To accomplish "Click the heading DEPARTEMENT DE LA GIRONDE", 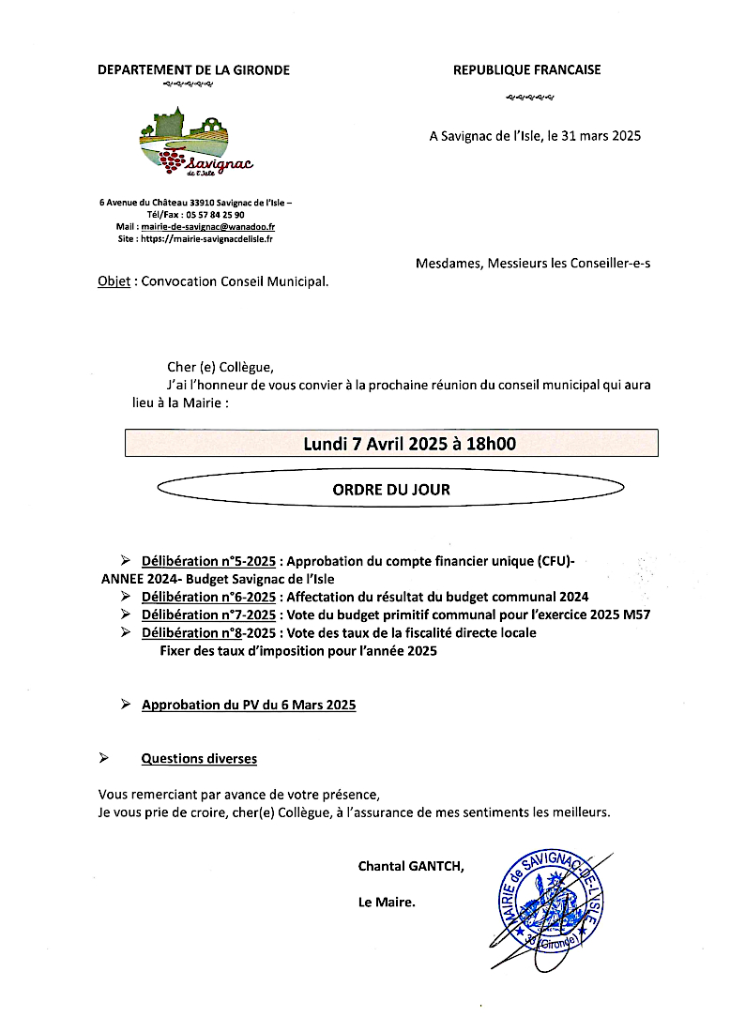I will [x=194, y=69].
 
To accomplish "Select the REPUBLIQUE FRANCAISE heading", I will [x=526, y=69].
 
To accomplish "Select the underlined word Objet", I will [x=114, y=281].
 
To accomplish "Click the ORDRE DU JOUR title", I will [x=391, y=490].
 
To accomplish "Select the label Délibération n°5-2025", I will [x=208, y=561].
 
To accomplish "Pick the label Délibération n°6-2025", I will [x=208, y=597].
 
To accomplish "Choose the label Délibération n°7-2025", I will [x=208, y=615].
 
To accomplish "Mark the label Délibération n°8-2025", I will [x=208, y=633].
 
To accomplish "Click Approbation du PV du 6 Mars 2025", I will [x=249, y=705].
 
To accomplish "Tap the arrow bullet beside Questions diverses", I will [x=104, y=757].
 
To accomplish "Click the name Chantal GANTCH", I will [x=411, y=866].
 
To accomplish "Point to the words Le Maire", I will [x=387, y=903].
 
